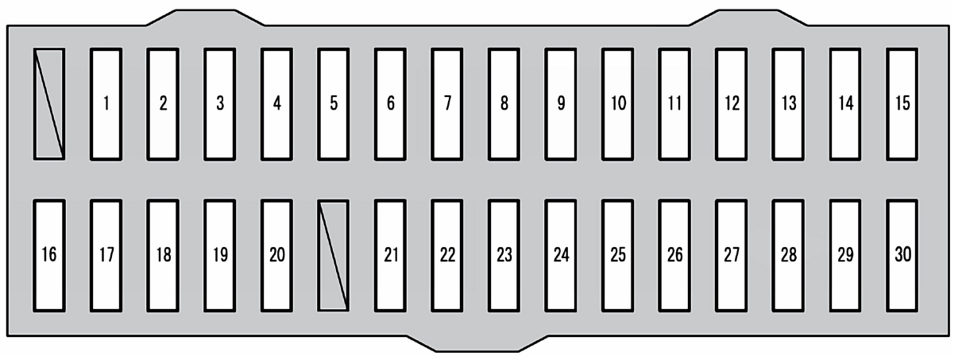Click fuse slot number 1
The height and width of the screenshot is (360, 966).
point(106,103)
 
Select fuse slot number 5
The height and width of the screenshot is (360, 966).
point(334,103)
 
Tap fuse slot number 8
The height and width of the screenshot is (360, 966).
point(504,103)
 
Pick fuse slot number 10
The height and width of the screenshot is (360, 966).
point(617,103)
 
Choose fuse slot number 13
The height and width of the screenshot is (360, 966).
point(788,103)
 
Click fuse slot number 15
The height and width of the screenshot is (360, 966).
point(902,103)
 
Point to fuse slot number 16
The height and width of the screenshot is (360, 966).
point(49,255)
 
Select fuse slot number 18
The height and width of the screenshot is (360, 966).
point(163,255)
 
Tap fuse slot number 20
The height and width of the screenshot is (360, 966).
point(276,255)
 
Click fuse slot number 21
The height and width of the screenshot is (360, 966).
point(390,255)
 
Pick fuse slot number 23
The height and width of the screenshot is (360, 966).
point(504,255)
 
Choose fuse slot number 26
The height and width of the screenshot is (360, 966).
point(674,255)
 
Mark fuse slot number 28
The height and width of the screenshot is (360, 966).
point(788,255)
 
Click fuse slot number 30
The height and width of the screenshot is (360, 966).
point(902,255)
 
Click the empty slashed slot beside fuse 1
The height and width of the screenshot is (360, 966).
point(49,103)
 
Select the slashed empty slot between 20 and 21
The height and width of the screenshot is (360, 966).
point(334,255)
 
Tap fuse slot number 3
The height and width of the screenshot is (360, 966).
point(220,103)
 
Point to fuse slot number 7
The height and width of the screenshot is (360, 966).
point(447,103)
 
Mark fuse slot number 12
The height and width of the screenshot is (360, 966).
point(731,103)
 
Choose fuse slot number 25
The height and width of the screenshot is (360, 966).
point(617,255)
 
